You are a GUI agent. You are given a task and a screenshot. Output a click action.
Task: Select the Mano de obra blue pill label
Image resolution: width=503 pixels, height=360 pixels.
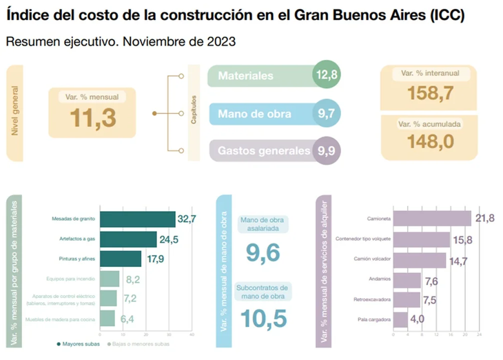click(254, 114)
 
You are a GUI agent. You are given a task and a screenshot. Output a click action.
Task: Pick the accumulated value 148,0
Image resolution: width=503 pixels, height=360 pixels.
click(429, 141)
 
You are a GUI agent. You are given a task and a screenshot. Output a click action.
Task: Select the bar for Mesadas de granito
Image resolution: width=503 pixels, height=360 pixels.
click(138, 220)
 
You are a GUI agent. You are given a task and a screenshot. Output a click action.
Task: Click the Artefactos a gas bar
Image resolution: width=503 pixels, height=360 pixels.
click(128, 239)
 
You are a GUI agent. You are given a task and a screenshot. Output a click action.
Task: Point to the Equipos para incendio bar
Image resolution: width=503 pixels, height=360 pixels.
click(110, 279)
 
